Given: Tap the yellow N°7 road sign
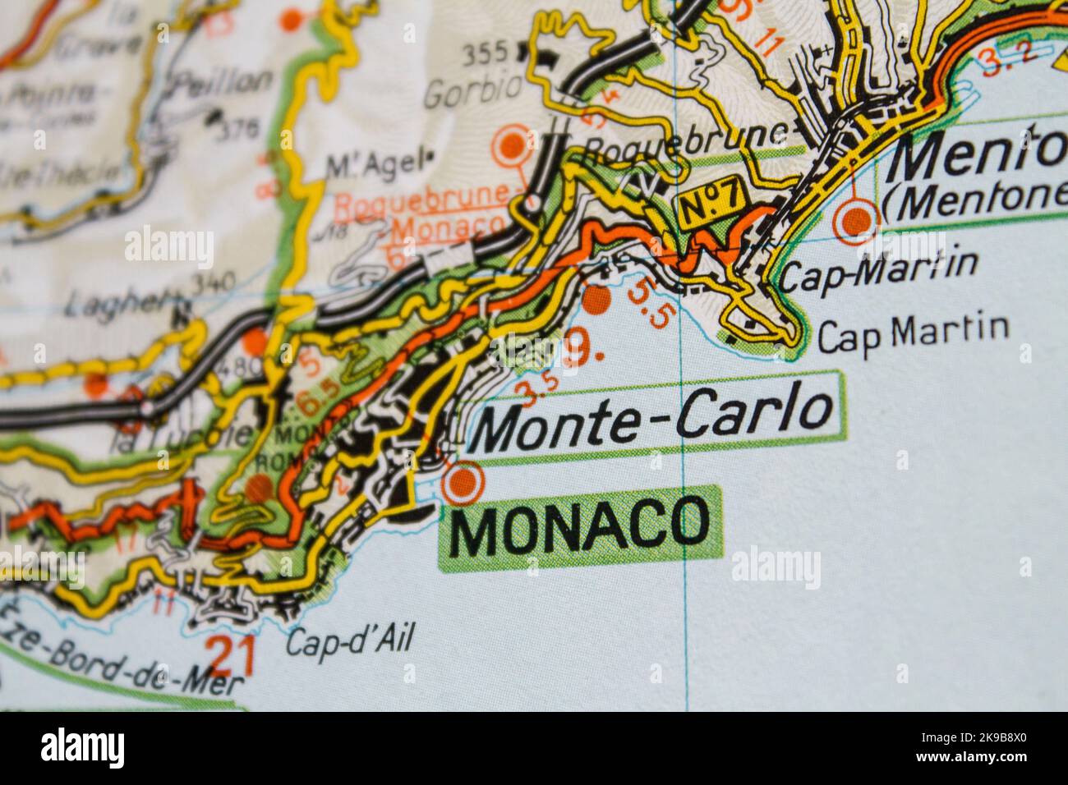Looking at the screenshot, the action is coord(711,200).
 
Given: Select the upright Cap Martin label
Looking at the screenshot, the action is coord(913,332).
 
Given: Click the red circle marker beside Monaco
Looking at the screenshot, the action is coord(462,484).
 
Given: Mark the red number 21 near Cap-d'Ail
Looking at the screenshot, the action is coord(231,654).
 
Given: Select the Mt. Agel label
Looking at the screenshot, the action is coord(376,164).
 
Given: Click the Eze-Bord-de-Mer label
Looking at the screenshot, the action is coord(123,665).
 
